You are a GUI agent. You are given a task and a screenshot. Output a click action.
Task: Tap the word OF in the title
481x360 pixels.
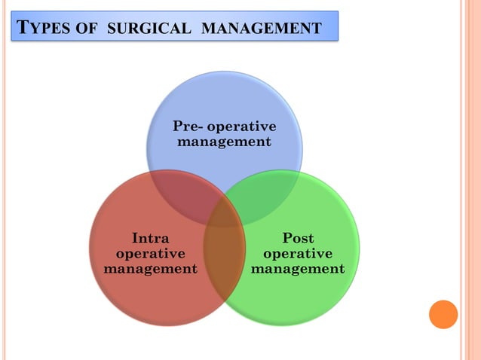pyautogui.click(x=90, y=29)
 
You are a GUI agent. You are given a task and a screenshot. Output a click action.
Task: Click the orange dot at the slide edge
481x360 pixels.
pyautogui.click(x=443, y=314)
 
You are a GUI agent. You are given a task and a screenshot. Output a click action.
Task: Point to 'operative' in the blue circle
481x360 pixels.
pyautogui.click(x=242, y=126)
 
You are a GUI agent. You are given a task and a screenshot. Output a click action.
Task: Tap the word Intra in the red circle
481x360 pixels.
pyautogui.click(x=150, y=239)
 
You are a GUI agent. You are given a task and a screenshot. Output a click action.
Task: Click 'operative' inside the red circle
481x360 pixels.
pyautogui.click(x=150, y=253)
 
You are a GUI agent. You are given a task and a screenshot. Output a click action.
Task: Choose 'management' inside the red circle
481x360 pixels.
pyautogui.click(x=150, y=268)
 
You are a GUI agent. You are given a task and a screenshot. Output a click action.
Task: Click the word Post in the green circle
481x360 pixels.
pyautogui.click(x=298, y=239)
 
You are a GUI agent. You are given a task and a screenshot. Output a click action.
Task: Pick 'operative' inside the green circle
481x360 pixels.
pyautogui.click(x=298, y=253)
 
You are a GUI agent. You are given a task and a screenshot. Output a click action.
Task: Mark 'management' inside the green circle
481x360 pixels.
pyautogui.click(x=298, y=268)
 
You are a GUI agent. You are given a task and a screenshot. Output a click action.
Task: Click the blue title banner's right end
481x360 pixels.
pyautogui.click(x=332, y=26)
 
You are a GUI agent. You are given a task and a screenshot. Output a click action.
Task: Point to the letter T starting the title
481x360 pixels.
pyautogui.click(x=23, y=29)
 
